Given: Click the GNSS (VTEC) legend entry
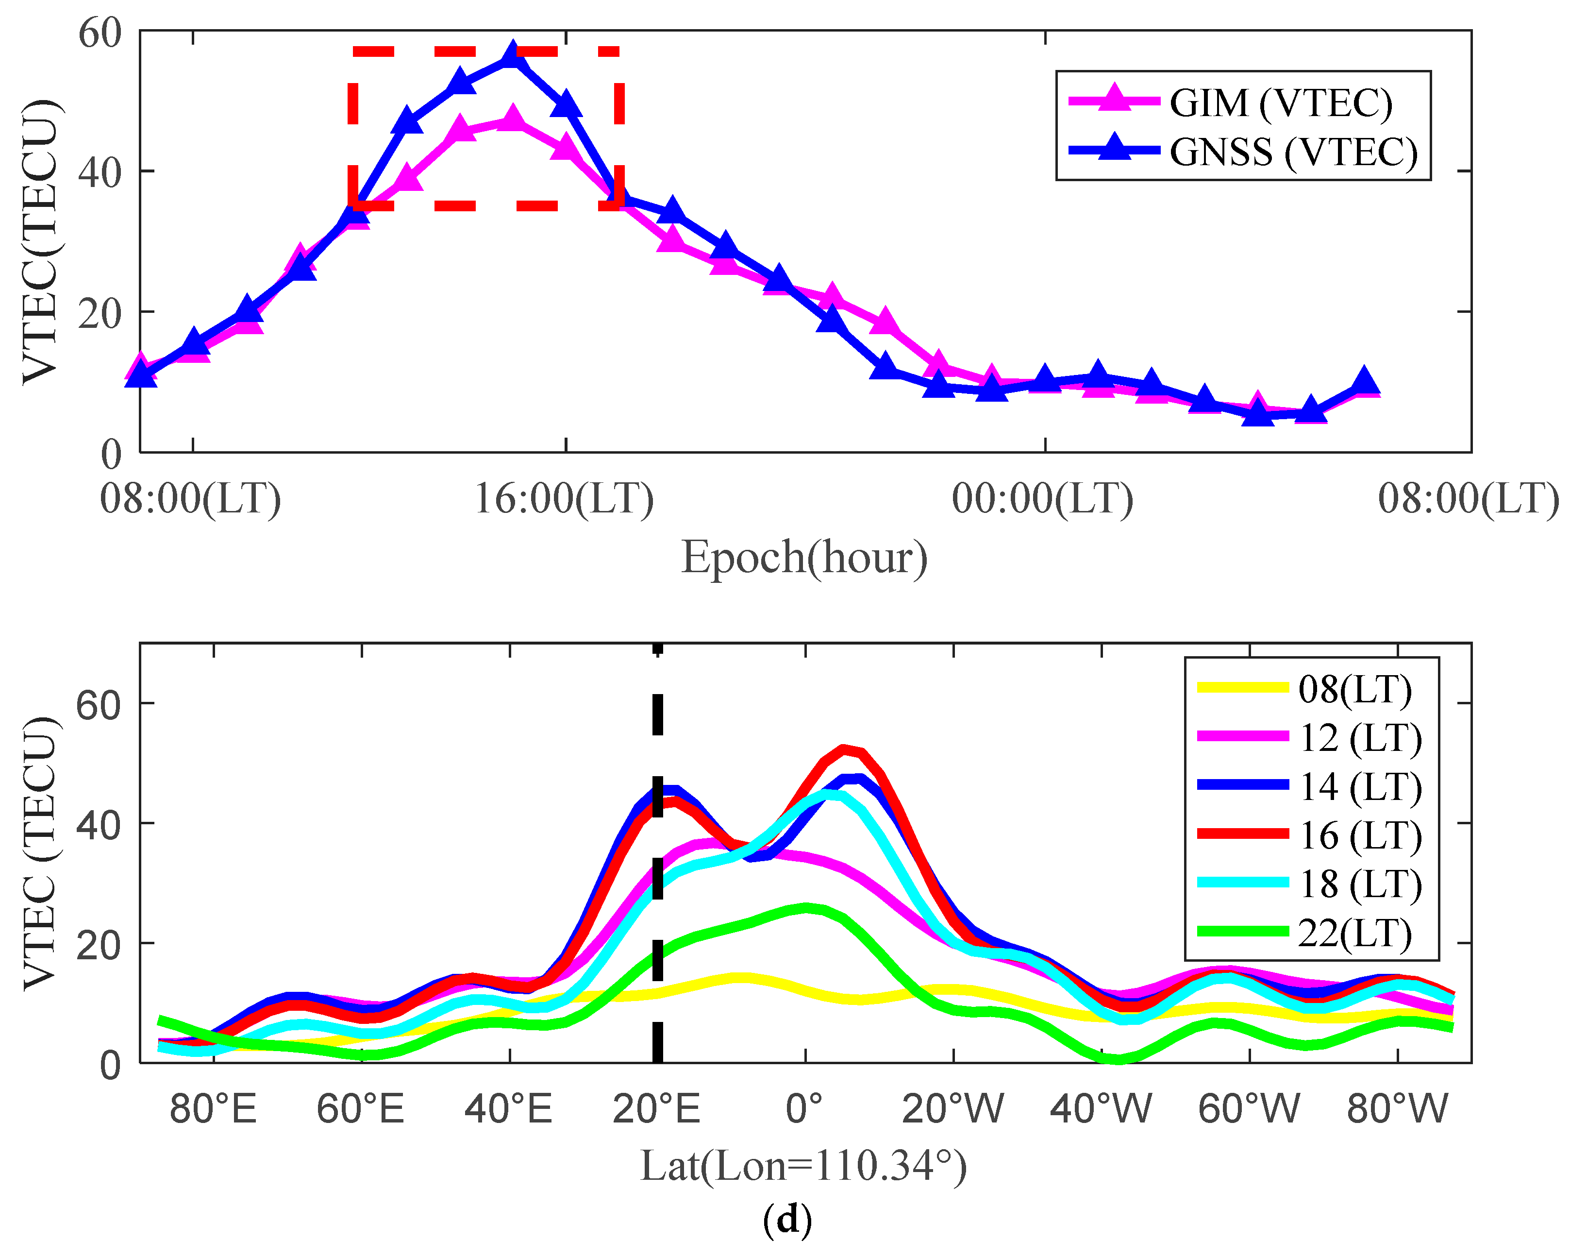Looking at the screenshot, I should [x=1292, y=152].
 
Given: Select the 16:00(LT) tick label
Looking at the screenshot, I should [x=564, y=500].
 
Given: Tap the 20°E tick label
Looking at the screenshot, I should [x=656, y=1109].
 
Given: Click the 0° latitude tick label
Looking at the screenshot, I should [x=805, y=1109].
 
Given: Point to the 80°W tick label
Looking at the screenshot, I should [x=1397, y=1109].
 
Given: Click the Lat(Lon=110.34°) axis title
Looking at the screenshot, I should [x=803, y=1166].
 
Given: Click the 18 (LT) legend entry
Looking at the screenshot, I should [x=1359, y=884].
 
